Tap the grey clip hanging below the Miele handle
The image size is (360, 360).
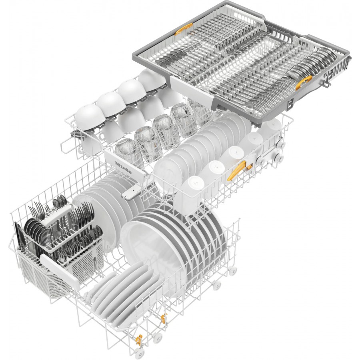pos(128,194)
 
